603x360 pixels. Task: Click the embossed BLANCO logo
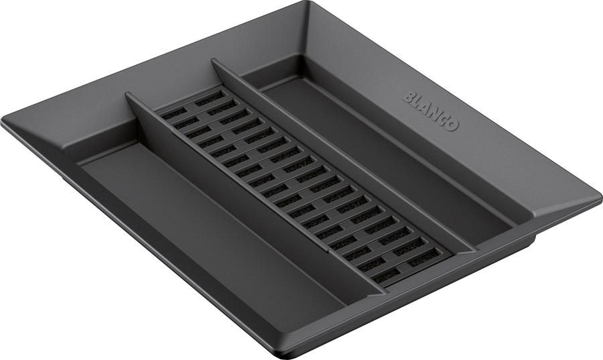[431, 111]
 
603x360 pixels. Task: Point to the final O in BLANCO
[452, 125]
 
